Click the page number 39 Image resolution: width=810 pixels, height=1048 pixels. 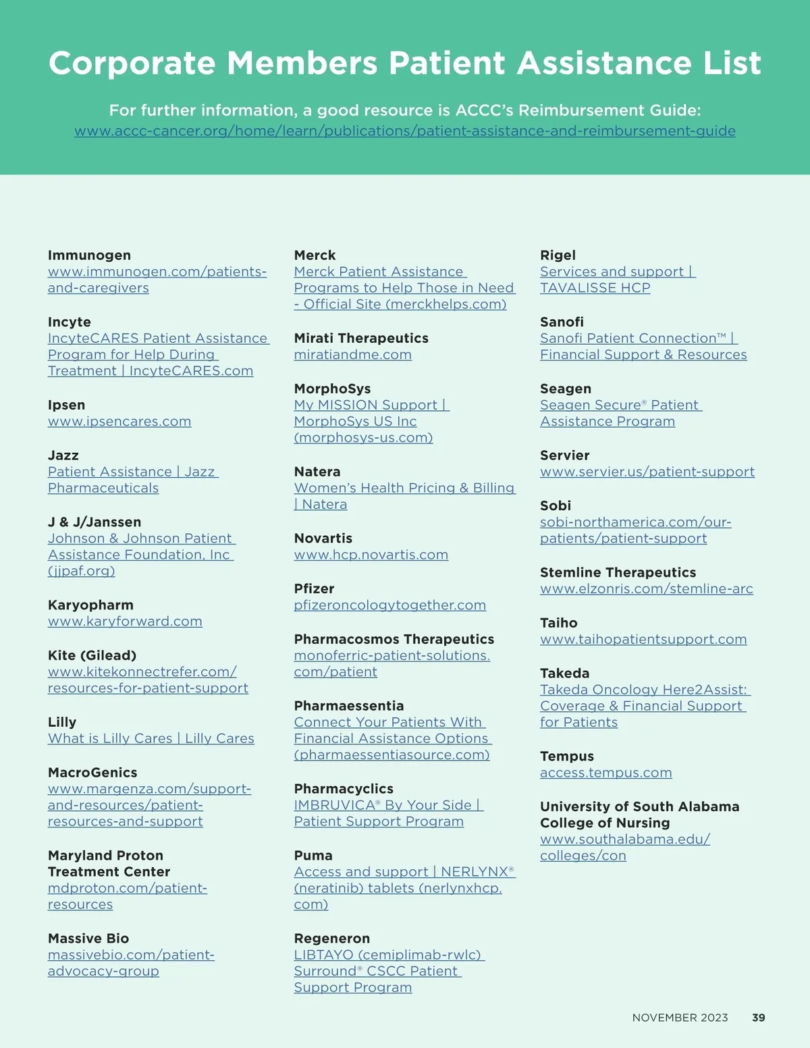tap(758, 1018)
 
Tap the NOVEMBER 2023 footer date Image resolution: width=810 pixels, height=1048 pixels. tap(680, 1018)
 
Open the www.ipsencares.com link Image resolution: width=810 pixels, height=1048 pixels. tap(119, 422)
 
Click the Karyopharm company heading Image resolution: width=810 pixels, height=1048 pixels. tap(90, 605)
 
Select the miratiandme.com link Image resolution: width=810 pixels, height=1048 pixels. tap(352, 355)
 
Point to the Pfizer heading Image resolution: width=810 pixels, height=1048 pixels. tap(314, 588)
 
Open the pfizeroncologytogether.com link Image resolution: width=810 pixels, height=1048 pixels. tap(389, 605)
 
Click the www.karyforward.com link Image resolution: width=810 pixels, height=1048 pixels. tap(125, 622)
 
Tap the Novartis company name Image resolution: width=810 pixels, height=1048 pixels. tap(323, 539)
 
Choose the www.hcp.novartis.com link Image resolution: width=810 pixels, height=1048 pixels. tap(371, 555)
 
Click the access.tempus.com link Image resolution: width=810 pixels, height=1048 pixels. tap(605, 773)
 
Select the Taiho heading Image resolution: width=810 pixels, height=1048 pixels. tap(558, 623)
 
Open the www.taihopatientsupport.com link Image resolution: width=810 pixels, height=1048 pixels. tap(643, 639)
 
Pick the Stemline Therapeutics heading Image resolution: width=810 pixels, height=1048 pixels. tap(618, 572)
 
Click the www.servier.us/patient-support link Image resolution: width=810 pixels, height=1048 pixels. tap(647, 472)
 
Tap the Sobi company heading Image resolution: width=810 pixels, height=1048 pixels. tap(555, 505)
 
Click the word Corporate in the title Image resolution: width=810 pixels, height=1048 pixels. tap(132, 63)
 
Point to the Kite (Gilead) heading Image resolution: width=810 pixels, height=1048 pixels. tap(92, 655)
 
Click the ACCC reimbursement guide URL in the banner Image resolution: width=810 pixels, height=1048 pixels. tap(404, 131)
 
